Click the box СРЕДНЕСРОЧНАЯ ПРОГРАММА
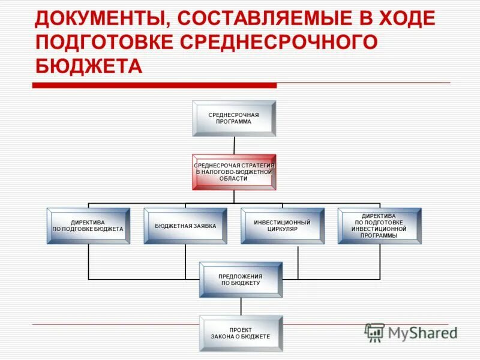tap(234, 118)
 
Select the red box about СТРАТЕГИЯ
tap(234, 172)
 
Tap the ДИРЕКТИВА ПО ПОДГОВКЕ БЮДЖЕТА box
tap(88, 226)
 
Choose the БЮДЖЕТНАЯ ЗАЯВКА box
tap(185, 226)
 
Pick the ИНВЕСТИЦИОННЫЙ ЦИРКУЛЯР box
tap(282, 226)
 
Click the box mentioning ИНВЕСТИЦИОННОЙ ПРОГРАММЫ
tap(379, 226)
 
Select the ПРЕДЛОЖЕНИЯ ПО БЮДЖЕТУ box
tap(241, 280)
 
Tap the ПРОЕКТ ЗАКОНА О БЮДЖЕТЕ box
tap(241, 334)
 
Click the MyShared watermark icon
tap(375, 332)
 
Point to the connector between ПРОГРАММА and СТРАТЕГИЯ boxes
tap(234, 145)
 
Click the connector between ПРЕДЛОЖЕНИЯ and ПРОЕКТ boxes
tap(241, 307)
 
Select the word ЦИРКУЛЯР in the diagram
tap(283, 229)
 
